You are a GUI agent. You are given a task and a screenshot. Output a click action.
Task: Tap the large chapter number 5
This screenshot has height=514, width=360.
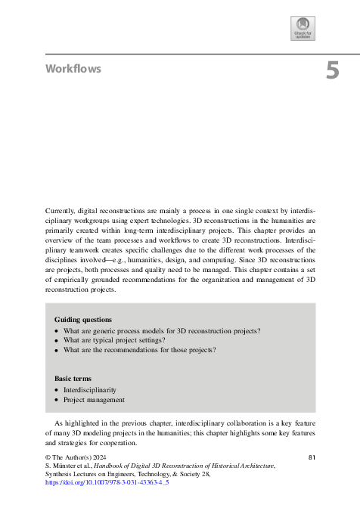(332, 71)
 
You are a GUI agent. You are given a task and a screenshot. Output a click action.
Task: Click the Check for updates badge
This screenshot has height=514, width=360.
(303, 28)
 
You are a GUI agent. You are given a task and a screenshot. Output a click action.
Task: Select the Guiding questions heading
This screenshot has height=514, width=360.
(83, 320)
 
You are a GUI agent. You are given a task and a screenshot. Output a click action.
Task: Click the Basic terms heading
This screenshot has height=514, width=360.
(74, 378)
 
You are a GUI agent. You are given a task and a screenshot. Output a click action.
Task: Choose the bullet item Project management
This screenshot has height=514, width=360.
(94, 400)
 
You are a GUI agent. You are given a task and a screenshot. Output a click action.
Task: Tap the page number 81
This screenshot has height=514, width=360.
(313, 458)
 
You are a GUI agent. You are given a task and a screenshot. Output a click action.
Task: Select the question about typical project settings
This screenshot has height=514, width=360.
(124, 341)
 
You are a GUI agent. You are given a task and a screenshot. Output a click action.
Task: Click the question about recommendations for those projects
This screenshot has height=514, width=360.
(139, 350)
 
